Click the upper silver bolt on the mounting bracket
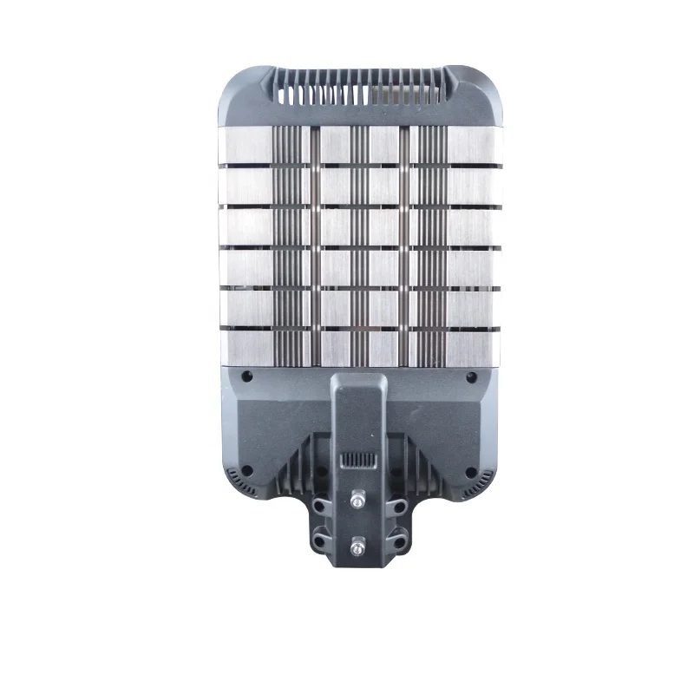click(x=357, y=501)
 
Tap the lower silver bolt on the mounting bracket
click(x=357, y=548)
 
